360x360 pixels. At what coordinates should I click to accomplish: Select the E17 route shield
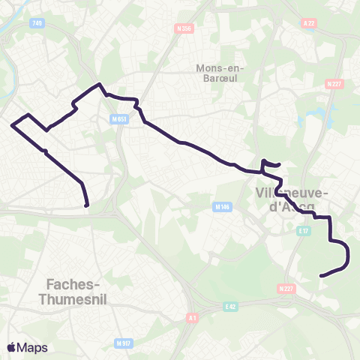pos(303,231)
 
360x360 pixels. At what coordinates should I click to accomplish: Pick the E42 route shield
pos(230,306)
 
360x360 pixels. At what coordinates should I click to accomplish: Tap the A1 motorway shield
pos(193,317)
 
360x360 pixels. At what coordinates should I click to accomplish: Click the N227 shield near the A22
pos(334,84)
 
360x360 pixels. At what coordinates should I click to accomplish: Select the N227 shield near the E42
pos(285,288)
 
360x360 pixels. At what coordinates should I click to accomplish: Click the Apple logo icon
pos(12,347)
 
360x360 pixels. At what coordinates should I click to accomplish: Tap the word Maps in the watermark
pos(33,348)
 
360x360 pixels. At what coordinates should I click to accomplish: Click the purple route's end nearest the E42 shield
pos(321,276)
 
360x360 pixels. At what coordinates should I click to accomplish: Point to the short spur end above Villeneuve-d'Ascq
pos(279,165)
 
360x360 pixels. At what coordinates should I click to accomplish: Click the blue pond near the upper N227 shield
pos(328,114)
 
